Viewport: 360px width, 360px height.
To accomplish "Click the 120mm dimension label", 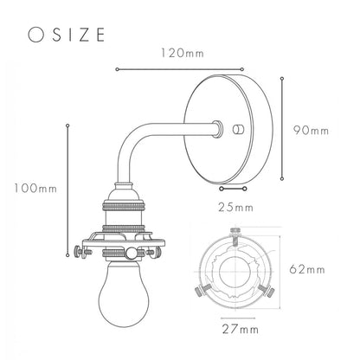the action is tap(183, 53).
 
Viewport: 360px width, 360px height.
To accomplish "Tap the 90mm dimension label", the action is tap(312, 131).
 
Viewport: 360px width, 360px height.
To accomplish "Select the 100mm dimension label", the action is tap(35, 189).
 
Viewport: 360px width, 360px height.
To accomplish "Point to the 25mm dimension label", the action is tap(235, 208).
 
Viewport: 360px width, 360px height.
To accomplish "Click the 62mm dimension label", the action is tap(307, 269).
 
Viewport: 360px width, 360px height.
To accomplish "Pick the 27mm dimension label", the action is tap(241, 329).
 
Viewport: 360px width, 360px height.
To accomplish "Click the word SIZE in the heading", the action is tap(79, 35).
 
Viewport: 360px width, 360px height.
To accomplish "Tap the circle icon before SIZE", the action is tap(35, 35).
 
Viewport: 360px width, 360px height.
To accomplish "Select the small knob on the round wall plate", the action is tap(238, 130).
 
